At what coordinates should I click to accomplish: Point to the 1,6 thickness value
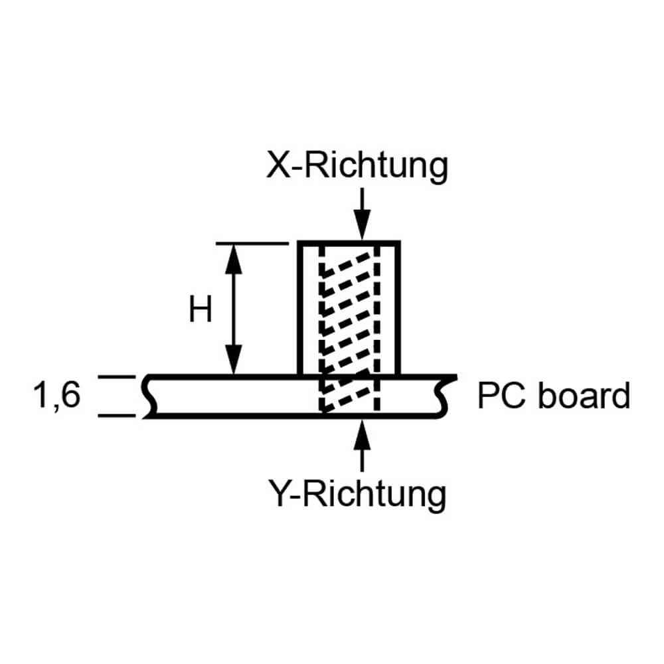[56, 396]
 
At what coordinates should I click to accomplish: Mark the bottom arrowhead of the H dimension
[232, 361]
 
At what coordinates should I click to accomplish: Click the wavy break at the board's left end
[149, 397]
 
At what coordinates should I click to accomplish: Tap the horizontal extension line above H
[252, 243]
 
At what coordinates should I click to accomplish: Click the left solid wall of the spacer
[299, 309]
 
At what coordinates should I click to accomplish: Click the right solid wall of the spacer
[398, 309]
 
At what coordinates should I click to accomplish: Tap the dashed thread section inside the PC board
[349, 396]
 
